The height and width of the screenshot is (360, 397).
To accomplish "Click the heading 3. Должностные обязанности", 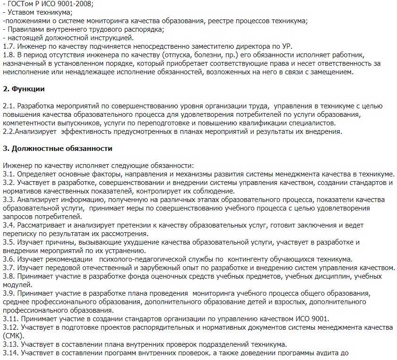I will point(58,149).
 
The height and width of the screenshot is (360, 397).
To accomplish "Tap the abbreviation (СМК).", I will point(13,336).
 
